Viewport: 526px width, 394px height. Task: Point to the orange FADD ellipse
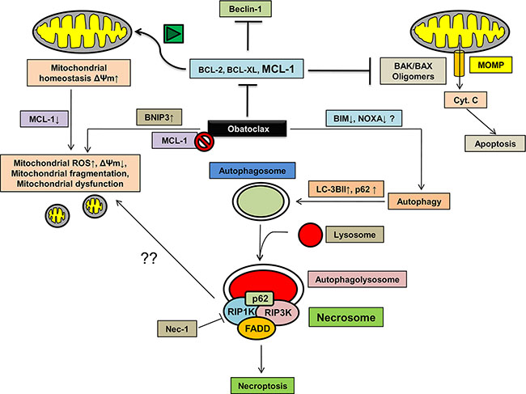[260, 329]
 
